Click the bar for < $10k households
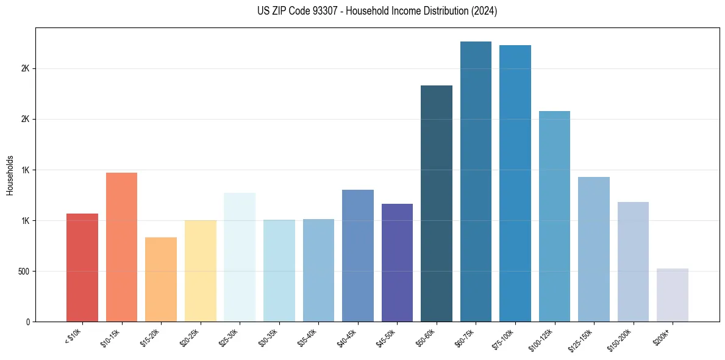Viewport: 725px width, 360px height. (82, 267)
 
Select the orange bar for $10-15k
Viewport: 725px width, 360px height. (121, 247)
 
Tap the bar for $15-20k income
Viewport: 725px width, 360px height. (161, 279)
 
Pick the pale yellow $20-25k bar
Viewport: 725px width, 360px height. (200, 271)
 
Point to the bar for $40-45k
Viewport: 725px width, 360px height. (358, 256)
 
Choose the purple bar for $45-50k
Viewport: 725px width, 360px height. (397, 262)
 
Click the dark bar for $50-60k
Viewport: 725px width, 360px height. (437, 203)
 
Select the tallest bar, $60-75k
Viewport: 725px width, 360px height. (476, 181)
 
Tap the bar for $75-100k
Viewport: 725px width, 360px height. (515, 183)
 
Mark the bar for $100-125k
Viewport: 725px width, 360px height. (554, 216)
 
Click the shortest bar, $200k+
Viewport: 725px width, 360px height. (673, 295)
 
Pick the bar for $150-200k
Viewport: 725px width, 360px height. (633, 262)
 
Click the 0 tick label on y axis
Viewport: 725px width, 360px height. (28, 322)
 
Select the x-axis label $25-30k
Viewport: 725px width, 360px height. (229, 338)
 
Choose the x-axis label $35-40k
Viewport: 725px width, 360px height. (308, 338)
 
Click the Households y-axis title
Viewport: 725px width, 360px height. (10, 175)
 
